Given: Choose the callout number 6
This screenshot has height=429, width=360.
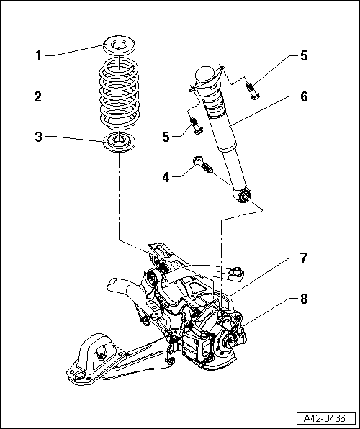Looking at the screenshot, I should (x=304, y=95).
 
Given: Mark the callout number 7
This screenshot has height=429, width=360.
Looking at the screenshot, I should (x=304, y=256).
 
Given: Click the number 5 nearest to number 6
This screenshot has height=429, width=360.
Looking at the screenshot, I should (x=304, y=55).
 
